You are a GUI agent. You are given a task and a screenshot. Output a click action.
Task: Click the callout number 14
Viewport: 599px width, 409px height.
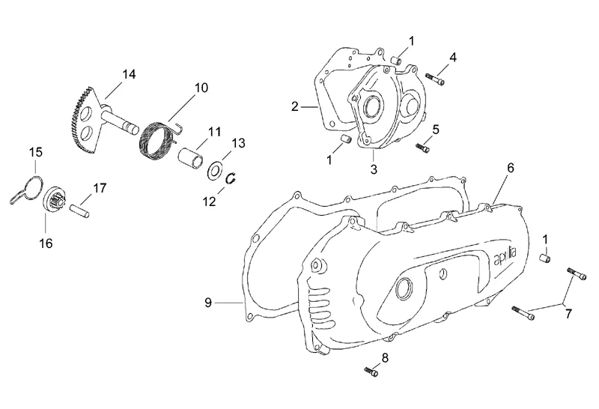129,73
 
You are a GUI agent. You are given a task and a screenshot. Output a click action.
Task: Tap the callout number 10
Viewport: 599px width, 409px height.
201,88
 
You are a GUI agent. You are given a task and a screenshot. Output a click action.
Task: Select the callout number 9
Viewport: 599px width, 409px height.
209,303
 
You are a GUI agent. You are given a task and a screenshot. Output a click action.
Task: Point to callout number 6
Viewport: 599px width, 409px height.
510,168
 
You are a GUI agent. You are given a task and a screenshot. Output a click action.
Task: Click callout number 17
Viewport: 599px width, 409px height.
100,187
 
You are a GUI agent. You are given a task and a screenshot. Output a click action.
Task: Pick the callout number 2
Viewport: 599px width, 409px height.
296,107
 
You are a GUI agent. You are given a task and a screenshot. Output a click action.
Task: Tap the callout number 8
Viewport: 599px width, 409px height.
385,357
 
